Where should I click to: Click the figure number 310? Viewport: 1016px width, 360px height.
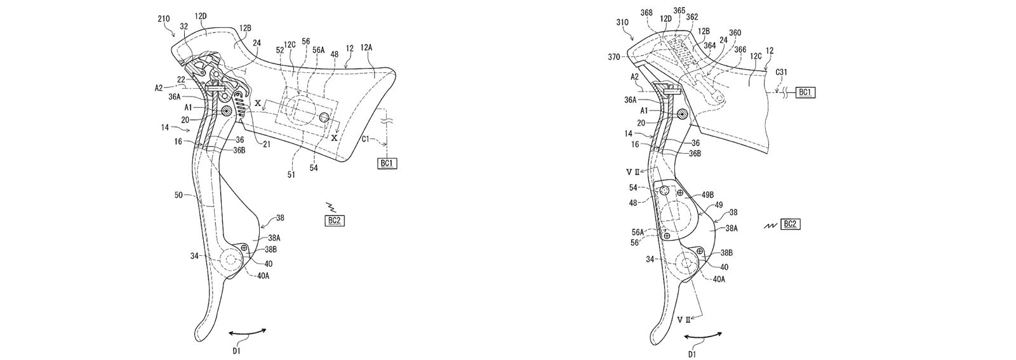tap(622, 22)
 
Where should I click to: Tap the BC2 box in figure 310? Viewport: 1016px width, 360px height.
tap(791, 224)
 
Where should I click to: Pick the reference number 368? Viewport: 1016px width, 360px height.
tap(647, 12)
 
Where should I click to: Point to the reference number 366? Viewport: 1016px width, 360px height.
tap(740, 50)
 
